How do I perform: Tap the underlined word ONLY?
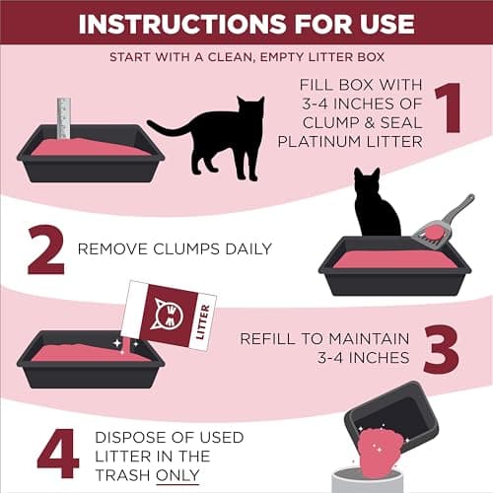pyautogui.click(x=178, y=475)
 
